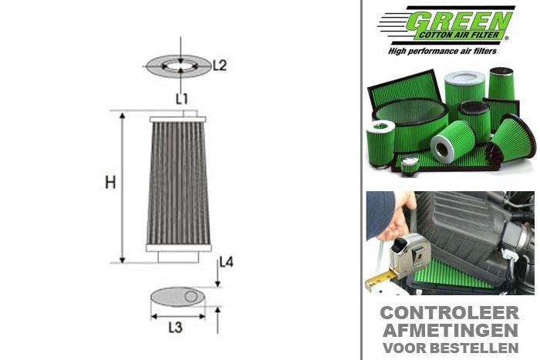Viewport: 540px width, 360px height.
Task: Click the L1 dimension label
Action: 181,98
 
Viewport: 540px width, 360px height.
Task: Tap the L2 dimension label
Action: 219,66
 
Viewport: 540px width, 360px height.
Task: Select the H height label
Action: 110,183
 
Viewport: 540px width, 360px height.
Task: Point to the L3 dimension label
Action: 175,327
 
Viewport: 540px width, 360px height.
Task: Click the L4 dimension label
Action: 226,262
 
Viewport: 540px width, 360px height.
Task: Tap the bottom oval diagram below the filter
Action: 178,297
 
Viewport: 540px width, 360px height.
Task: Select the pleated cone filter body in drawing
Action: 178,185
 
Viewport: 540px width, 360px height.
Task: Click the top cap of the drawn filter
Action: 178,118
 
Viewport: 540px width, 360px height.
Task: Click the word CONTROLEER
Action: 450,314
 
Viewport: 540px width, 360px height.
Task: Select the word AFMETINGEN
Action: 450,330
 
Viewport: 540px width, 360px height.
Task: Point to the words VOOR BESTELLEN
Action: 450,347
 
